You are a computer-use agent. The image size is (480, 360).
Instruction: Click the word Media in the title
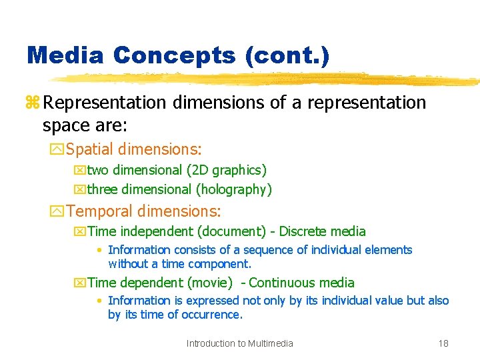tap(65, 55)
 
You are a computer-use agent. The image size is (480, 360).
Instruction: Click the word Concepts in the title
tap(175, 55)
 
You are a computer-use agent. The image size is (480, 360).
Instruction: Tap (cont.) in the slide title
tap(287, 55)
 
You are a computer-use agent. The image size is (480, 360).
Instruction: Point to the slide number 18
tap(443, 343)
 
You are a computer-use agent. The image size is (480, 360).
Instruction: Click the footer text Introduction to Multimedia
tap(240, 343)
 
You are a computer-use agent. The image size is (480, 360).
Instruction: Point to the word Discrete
tap(304, 232)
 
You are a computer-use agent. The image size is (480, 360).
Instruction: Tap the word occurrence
tap(213, 315)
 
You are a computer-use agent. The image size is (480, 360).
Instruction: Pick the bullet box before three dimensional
tap(79, 190)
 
